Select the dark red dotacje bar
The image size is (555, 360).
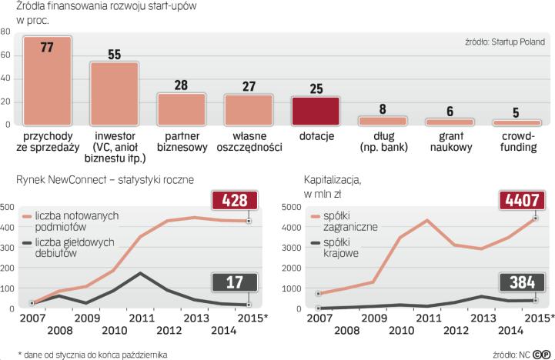(316, 111)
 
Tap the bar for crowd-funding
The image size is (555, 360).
(517, 122)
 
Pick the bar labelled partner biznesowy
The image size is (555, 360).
(182, 109)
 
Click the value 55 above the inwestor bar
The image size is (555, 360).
(114, 55)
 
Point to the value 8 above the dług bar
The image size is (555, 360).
(383, 109)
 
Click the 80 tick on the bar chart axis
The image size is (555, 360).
(6, 32)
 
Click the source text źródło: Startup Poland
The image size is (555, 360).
(502, 42)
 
